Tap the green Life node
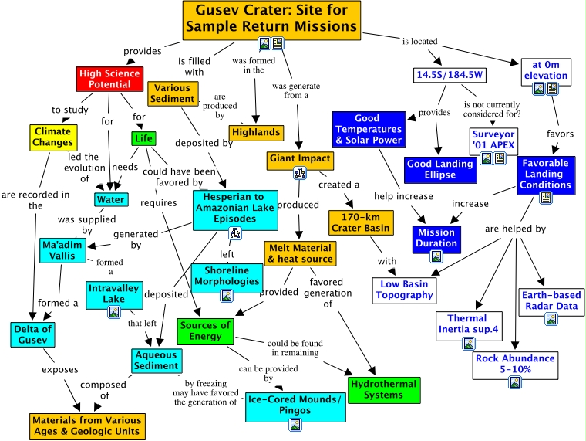143,139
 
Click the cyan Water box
110,200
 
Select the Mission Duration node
437,237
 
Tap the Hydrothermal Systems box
383,389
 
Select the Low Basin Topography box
404,290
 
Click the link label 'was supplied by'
76,224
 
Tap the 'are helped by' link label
515,229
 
